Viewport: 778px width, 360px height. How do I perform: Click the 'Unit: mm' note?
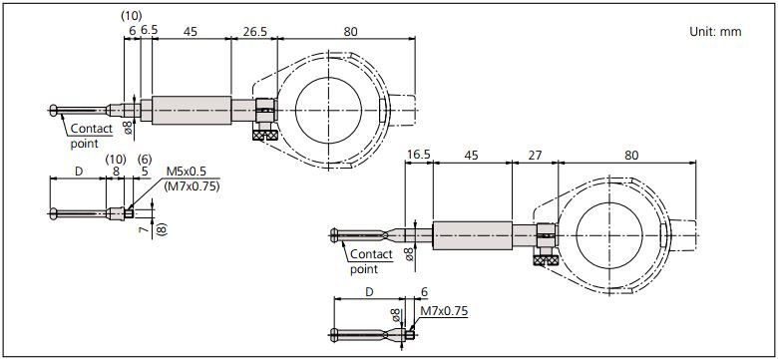pyautogui.click(x=715, y=33)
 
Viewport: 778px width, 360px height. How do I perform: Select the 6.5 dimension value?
pyautogui.click(x=149, y=31)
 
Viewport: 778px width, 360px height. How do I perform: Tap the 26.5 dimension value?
pyautogui.click(x=253, y=31)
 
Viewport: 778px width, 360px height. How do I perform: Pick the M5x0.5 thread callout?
pyautogui.click(x=185, y=171)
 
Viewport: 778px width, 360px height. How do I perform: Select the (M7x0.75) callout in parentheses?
pyautogui.click(x=193, y=185)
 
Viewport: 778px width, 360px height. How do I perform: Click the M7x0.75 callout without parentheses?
pyautogui.click(x=444, y=311)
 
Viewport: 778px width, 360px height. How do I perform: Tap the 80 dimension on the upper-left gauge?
pyautogui.click(x=349, y=31)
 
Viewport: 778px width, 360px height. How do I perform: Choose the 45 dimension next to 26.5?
pyautogui.click(x=190, y=31)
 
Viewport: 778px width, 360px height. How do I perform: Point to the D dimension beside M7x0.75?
pyautogui.click(x=369, y=292)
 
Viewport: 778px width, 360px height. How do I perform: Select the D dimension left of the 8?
pyautogui.click(x=79, y=172)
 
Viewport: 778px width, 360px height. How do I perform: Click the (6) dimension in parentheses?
pyautogui.click(x=144, y=159)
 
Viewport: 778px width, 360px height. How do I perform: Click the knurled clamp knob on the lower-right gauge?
pyautogui.click(x=546, y=260)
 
